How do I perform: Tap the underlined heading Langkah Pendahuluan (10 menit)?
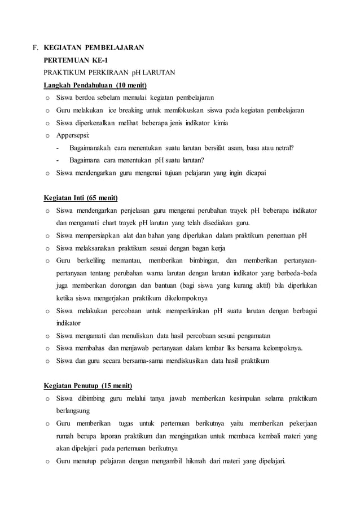(95, 85)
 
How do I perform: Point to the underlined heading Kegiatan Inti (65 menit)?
(81, 198)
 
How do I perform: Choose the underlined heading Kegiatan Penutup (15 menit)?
(88, 386)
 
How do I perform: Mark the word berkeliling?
(99, 261)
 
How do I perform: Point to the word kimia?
(219, 122)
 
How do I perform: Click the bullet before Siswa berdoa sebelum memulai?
(48, 98)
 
